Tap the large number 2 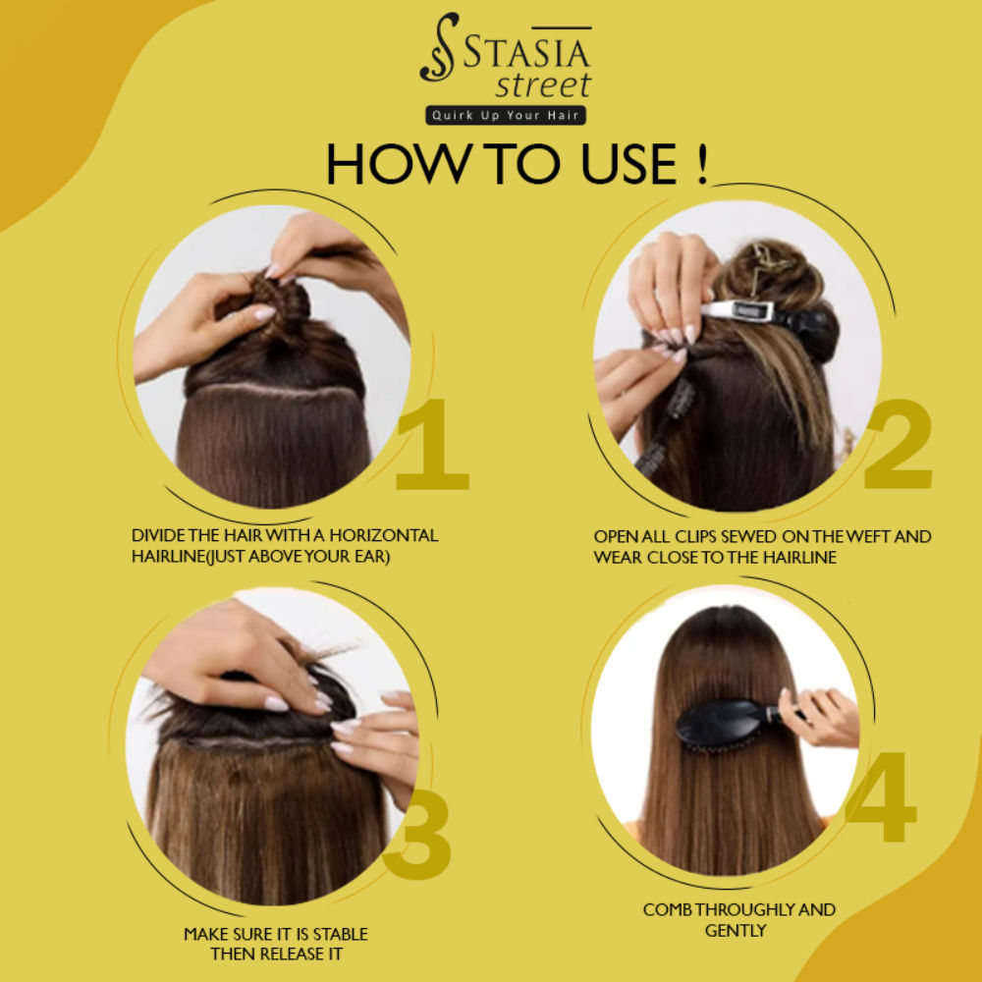(x=899, y=444)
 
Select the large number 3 (x=418, y=835)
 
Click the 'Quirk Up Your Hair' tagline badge (x=506, y=115)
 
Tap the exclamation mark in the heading (x=702, y=164)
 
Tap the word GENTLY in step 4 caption (x=736, y=931)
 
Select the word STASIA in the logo (x=527, y=53)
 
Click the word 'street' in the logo (x=543, y=85)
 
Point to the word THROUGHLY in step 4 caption (x=754, y=909)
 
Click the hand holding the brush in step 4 (x=819, y=718)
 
